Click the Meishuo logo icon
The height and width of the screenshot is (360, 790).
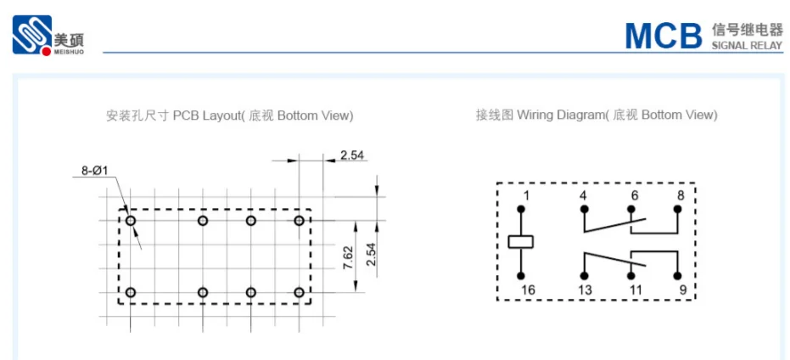coord(32,34)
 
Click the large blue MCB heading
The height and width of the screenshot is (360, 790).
coord(664,36)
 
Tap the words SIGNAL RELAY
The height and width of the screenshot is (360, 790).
coord(748,45)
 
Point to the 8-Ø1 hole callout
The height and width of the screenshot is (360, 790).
coord(95,171)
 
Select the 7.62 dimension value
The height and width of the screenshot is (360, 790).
coord(348,257)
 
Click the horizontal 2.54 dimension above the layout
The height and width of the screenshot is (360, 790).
coord(352,155)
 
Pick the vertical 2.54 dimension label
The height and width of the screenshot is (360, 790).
coord(372,255)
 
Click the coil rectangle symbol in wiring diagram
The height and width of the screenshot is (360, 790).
coord(521,242)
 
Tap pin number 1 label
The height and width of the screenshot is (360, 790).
coord(526,195)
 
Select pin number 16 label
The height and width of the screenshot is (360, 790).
coord(528,290)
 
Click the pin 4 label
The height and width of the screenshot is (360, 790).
coord(584,195)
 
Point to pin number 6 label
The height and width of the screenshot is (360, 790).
coord(634,195)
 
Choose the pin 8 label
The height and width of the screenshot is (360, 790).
coord(681,195)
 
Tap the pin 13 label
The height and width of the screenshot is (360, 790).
coord(585,290)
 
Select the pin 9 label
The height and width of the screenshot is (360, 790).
coord(683,290)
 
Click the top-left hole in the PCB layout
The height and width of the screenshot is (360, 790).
coord(131,221)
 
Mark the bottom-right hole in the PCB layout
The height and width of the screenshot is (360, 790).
coord(299,292)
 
